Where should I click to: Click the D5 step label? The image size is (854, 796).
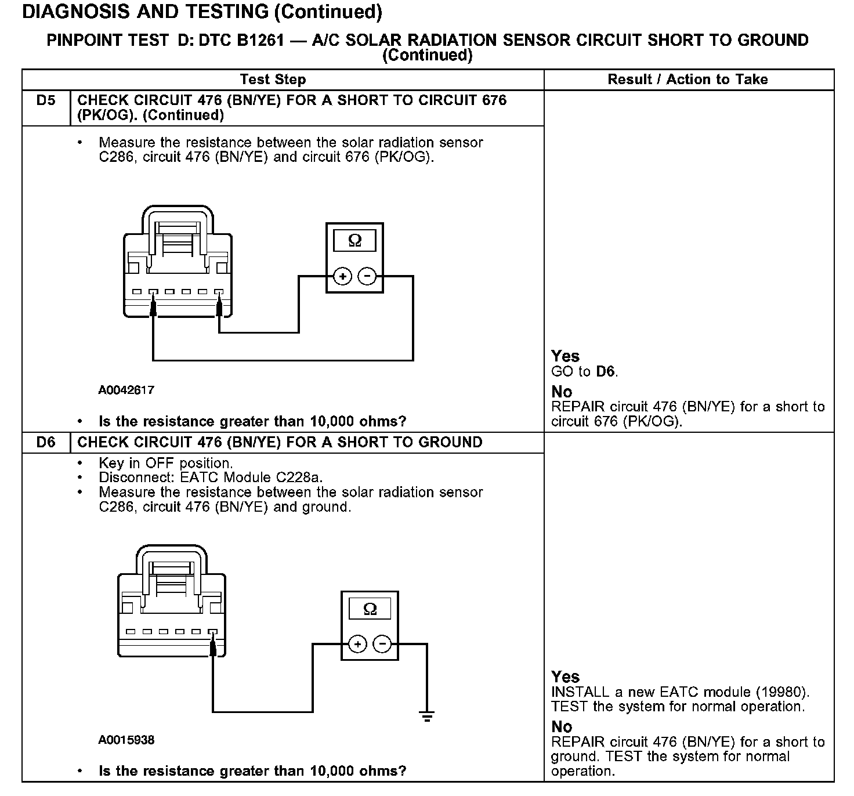pyautogui.click(x=46, y=100)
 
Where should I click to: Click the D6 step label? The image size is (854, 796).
pyautogui.click(x=46, y=443)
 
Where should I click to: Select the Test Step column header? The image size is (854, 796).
pyautogui.click(x=273, y=79)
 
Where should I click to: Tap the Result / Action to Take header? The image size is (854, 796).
pyautogui.click(x=687, y=79)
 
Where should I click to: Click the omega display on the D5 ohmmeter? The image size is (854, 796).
pyautogui.click(x=354, y=240)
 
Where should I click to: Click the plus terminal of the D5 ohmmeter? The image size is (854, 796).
pyautogui.click(x=343, y=277)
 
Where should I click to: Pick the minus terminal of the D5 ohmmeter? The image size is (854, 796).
pyautogui.click(x=367, y=277)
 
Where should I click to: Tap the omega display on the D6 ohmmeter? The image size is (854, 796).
pyautogui.click(x=370, y=609)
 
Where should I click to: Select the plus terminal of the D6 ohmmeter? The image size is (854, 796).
pyautogui.click(x=357, y=645)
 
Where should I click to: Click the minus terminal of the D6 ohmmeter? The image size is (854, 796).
pyautogui.click(x=382, y=645)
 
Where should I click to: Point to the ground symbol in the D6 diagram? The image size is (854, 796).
pyautogui.click(x=427, y=717)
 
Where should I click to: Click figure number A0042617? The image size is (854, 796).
pyautogui.click(x=126, y=390)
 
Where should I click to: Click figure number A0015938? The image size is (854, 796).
pyautogui.click(x=126, y=740)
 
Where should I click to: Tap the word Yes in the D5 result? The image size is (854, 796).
pyautogui.click(x=565, y=356)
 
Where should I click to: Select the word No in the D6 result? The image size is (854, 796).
pyautogui.click(x=562, y=726)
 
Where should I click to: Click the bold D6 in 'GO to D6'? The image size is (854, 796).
pyautogui.click(x=606, y=371)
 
